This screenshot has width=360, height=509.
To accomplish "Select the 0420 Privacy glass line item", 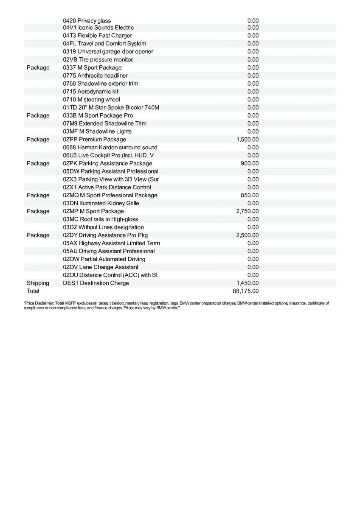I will [x=87, y=20].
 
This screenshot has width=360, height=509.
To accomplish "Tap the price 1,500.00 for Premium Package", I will [x=247, y=139].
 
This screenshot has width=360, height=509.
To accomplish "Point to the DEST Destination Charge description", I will [x=96, y=283].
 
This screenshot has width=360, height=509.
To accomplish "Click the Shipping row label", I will [x=38, y=283].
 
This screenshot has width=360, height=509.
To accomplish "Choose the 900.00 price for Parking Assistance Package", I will [x=250, y=163].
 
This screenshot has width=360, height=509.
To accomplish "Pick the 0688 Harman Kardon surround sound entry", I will [x=110, y=147].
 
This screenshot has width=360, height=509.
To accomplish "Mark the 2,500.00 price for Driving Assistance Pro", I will [x=247, y=235].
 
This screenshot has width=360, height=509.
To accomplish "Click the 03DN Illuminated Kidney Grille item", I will [x=101, y=203].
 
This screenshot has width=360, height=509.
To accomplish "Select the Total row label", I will [x=33, y=291].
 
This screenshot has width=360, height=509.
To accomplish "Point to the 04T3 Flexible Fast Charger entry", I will [x=97, y=36].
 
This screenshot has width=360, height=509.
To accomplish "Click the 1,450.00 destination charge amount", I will [x=247, y=283].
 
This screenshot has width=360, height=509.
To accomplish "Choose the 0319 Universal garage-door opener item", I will [x=108, y=51].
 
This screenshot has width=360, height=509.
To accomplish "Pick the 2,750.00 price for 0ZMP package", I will [x=247, y=211].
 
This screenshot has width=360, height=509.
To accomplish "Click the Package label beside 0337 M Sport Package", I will [x=38, y=67].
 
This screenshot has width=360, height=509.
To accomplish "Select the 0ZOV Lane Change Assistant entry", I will [x=100, y=267].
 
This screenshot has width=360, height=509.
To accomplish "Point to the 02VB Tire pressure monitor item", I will [x=98, y=59].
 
